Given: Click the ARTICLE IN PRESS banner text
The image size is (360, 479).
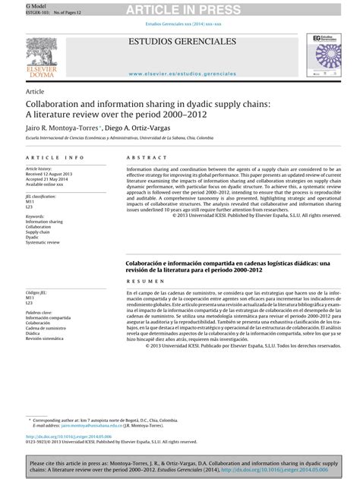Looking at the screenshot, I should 180,8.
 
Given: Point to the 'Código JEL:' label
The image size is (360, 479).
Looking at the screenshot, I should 37,292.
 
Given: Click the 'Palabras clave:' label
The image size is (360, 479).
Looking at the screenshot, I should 41,311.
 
